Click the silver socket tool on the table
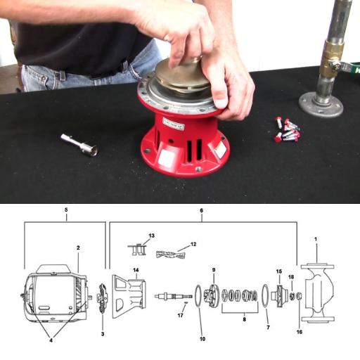point(79,143)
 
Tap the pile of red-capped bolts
point(288,129)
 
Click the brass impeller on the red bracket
point(180,77)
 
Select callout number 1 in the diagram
point(316,240)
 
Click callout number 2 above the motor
point(78,248)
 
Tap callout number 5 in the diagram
point(65,210)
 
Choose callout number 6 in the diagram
point(202,210)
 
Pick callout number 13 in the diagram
point(150,236)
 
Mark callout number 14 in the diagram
point(136,270)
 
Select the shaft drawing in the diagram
point(173,296)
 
